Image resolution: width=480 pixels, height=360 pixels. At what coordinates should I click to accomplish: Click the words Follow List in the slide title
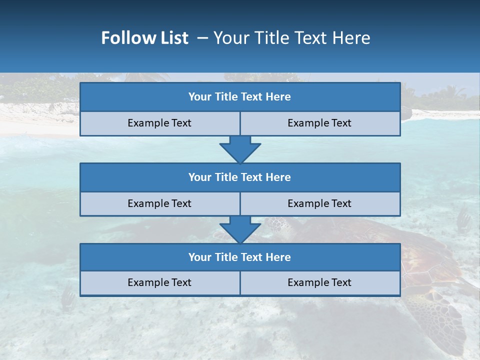tap(145, 38)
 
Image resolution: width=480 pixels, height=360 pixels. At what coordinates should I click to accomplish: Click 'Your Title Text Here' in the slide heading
tap(292, 38)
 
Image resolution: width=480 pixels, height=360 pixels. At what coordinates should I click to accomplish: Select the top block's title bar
tap(240, 97)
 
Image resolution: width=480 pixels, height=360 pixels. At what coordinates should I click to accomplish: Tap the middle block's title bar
tap(240, 177)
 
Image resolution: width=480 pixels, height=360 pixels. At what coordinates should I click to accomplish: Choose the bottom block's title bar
tap(240, 257)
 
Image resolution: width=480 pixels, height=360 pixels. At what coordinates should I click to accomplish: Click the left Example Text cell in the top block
tap(159, 123)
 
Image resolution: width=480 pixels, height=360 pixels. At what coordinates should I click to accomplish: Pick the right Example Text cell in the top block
tap(319, 123)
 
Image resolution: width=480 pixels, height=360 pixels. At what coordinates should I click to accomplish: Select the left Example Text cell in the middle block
tap(159, 203)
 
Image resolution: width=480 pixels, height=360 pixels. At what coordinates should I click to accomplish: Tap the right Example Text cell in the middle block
tap(319, 203)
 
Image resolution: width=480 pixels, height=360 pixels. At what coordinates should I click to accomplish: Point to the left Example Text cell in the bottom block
tap(159, 282)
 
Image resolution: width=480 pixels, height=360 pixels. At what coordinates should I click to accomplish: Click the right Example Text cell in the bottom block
tap(319, 282)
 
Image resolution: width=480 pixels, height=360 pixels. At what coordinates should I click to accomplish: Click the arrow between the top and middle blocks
tap(240, 149)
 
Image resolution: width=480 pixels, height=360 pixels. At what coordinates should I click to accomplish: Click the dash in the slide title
tap(202, 38)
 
